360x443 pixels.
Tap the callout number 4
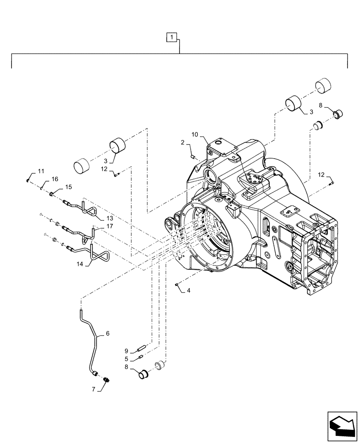pyautogui.click(x=188, y=291)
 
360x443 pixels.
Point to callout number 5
pyautogui.click(x=126, y=359)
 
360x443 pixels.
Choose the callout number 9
pyautogui.click(x=126, y=350)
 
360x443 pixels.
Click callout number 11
pyautogui.click(x=41, y=171)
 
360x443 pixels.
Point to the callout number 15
pyautogui.click(x=68, y=187)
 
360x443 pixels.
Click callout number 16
pyautogui.click(x=55, y=179)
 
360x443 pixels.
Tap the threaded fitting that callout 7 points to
pyautogui.click(x=106, y=380)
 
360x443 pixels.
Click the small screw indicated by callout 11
pyautogui.click(x=28, y=180)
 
